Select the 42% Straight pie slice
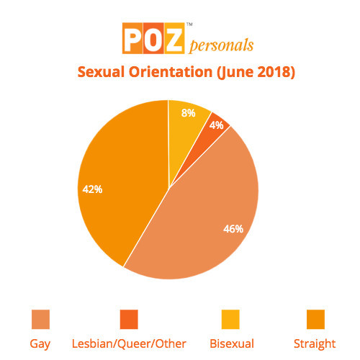[x=122, y=180]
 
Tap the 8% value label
[x=186, y=113]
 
